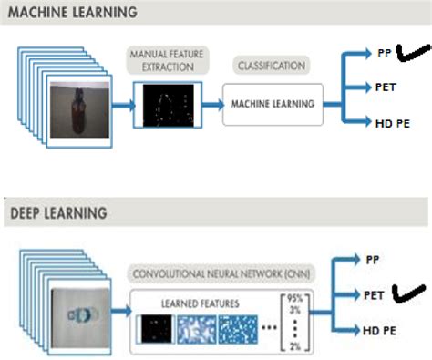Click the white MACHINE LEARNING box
click(273, 103)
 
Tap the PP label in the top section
click(383, 53)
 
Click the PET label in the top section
click(385, 87)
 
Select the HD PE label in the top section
click(389, 122)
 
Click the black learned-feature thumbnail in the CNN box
click(154, 329)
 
